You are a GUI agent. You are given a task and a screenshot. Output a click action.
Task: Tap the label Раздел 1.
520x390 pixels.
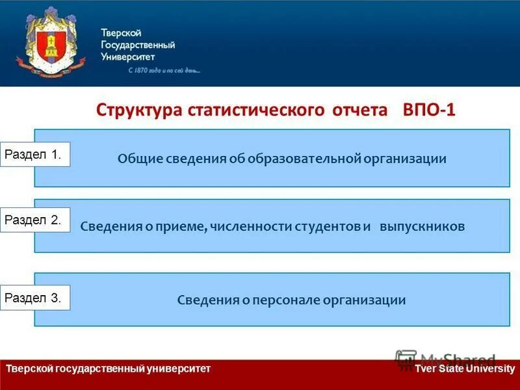[34, 155]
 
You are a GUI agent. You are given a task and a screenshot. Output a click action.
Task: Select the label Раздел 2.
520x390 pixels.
[34, 220]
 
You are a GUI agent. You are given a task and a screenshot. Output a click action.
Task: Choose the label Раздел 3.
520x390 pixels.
[34, 298]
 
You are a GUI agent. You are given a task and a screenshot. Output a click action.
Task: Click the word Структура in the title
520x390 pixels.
[139, 109]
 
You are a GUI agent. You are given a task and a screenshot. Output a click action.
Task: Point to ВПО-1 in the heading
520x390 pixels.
[430, 109]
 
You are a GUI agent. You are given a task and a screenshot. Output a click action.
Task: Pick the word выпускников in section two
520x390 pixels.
[422, 227]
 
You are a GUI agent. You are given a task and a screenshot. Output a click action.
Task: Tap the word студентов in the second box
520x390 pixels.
[328, 227]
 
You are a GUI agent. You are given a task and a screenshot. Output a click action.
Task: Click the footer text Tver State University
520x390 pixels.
[465, 369]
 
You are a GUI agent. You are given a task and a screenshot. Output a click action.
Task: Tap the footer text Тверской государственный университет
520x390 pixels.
[108, 369]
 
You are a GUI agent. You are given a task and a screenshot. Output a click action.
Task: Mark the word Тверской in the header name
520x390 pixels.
[121, 33]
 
